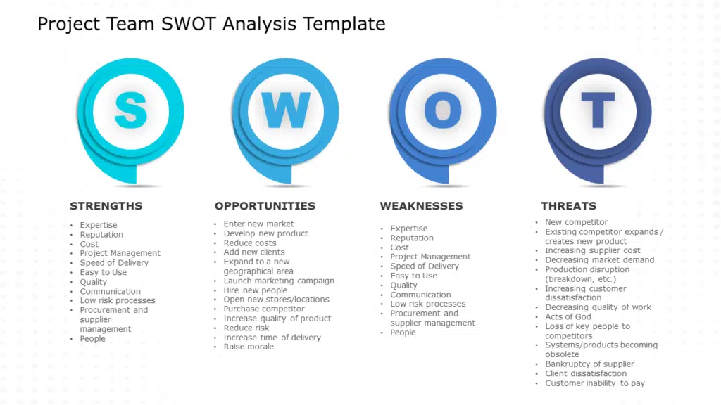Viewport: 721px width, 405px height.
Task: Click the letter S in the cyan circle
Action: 131,110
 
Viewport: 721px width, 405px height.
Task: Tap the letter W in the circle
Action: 286,110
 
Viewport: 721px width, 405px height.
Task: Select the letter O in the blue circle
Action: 443,110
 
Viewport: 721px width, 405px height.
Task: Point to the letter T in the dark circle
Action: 598,110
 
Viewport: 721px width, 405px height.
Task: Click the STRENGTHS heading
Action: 106,206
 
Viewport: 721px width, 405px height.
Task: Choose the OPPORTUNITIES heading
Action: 265,206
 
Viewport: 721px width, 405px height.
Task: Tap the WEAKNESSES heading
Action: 421,206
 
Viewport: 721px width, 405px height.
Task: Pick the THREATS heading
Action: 568,206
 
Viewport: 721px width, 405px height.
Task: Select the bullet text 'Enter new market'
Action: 258,224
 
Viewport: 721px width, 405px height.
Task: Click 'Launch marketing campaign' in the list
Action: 279,281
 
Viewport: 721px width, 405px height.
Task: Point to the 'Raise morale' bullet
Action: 249,347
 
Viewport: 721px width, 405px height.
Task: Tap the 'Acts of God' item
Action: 568,317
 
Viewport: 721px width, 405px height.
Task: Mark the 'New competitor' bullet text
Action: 576,222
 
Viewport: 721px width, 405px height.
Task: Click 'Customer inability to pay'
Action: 594,383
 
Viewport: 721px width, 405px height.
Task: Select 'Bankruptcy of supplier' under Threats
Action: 589,364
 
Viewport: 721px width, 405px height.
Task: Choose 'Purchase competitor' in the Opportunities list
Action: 264,309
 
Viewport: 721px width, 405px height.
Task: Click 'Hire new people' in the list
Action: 255,290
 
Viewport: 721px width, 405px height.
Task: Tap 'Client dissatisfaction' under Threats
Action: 586,373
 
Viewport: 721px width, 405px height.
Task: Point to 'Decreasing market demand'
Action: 600,260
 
